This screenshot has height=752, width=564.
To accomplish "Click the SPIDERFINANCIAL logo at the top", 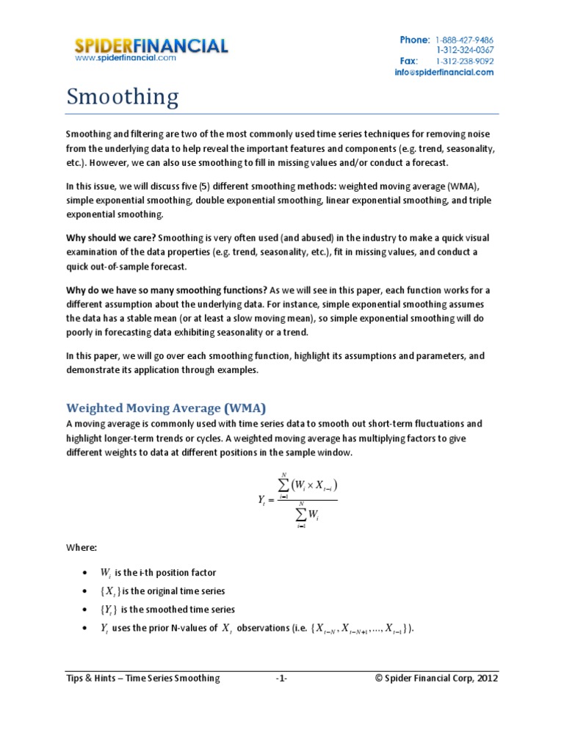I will (x=151, y=46).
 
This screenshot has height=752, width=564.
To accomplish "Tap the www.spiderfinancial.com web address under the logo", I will (x=126, y=59).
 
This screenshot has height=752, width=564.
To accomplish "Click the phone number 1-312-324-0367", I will (x=463, y=50).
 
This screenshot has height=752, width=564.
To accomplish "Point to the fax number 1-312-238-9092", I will (x=463, y=62).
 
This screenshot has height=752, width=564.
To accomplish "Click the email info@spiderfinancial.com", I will (x=445, y=73).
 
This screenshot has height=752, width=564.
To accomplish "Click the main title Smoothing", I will (x=123, y=98).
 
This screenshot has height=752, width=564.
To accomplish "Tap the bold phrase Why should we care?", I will (x=110, y=238).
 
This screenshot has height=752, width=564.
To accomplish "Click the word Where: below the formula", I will (x=81, y=548).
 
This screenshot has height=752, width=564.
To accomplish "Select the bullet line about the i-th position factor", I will (x=158, y=572).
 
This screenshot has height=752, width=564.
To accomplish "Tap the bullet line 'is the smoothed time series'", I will (x=167, y=610).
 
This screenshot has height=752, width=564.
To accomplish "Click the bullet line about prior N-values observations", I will (x=257, y=628).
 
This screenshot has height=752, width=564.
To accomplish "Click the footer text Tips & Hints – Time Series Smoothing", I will (x=142, y=679).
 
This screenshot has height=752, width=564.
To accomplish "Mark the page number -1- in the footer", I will (x=281, y=679).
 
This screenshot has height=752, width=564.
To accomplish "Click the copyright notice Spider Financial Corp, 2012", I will (x=436, y=679).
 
